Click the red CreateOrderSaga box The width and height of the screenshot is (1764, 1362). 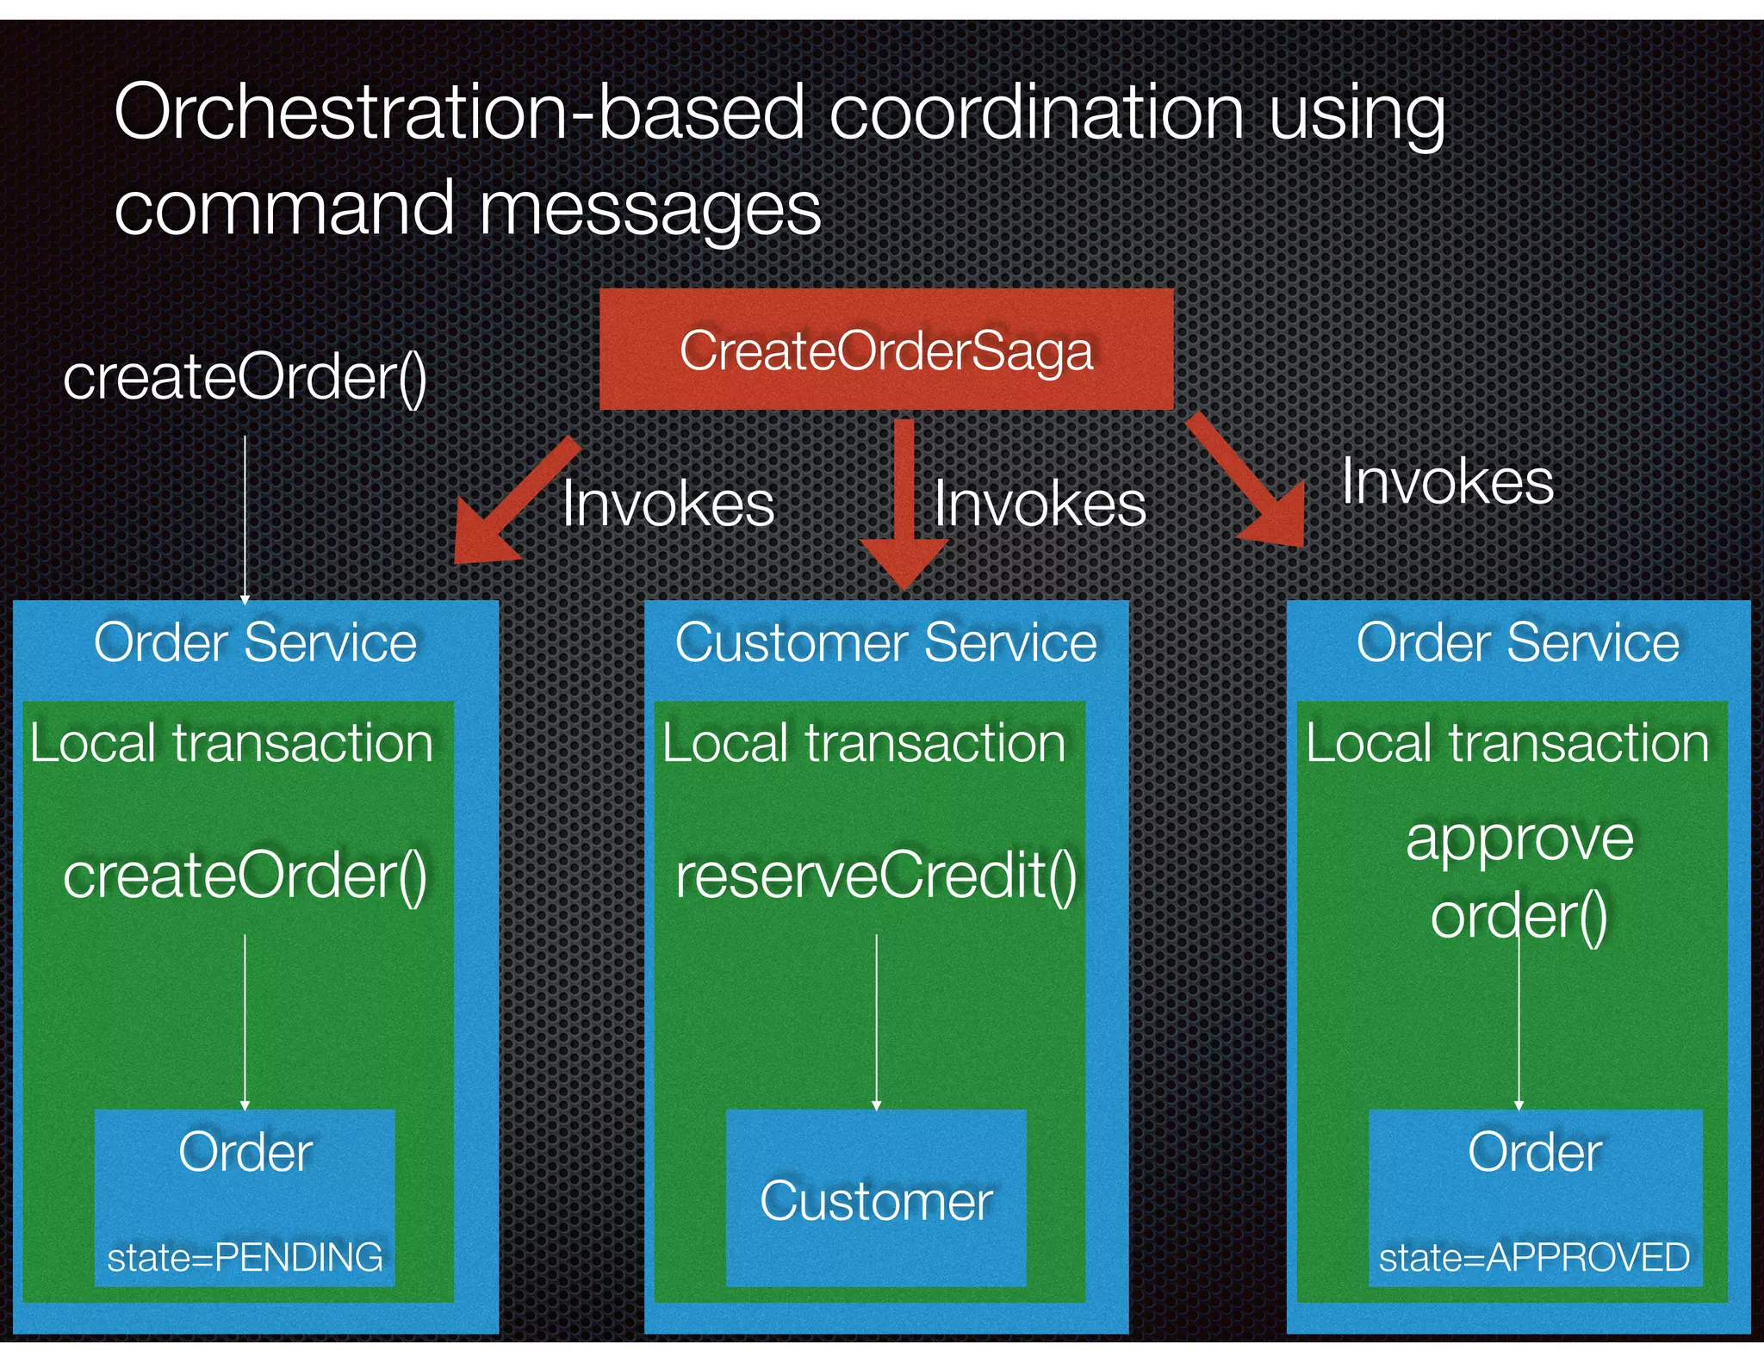pyautogui.click(x=885, y=350)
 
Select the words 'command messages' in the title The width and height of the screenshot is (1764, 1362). pyautogui.click(x=468, y=208)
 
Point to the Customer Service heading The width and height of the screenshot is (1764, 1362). pyautogui.click(x=885, y=642)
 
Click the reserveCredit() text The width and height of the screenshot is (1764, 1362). pyautogui.click(x=876, y=876)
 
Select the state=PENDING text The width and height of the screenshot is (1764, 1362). pyautogui.click(x=245, y=1258)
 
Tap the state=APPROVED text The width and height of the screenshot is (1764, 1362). pyautogui.click(x=1534, y=1258)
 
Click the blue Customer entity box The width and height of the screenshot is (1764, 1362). pyautogui.click(x=876, y=1198)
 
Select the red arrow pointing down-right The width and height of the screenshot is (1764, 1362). pyautogui.click(x=1249, y=482)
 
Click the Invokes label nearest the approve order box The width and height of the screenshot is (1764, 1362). pyautogui.click(x=1447, y=482)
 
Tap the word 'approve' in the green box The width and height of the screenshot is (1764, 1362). pyautogui.click(x=1519, y=839)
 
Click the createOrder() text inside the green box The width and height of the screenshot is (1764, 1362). pyautogui.click(x=245, y=876)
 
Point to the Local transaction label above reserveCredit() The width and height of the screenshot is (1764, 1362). pyautogui.click(x=864, y=742)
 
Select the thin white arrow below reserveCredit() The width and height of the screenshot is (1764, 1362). pyautogui.click(x=877, y=1020)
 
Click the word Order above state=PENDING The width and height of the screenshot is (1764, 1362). pyautogui.click(x=245, y=1152)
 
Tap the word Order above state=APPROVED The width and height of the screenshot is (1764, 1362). pyautogui.click(x=1534, y=1152)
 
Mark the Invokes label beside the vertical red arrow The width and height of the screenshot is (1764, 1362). pyautogui.click(x=1039, y=504)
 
